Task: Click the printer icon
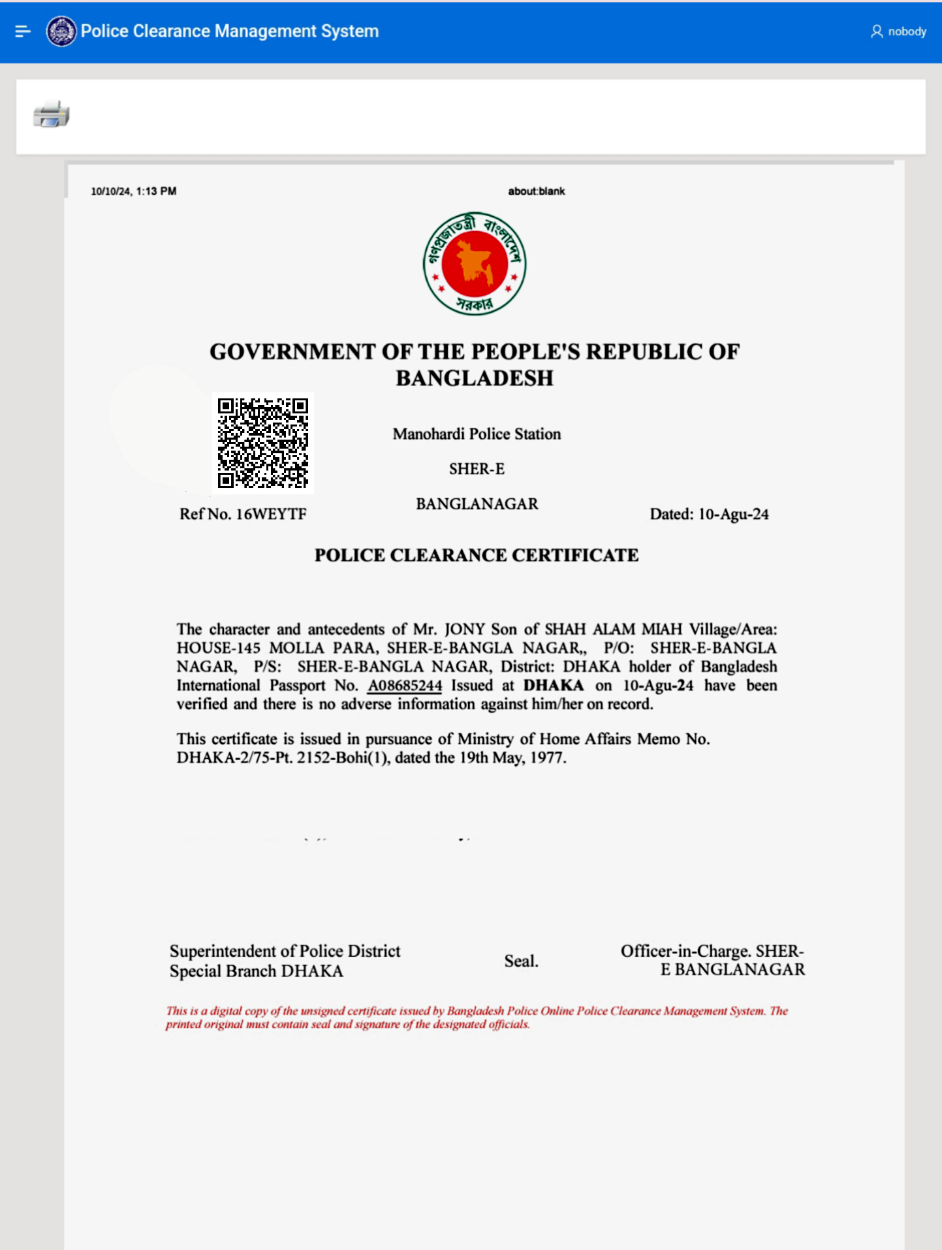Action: pyautogui.click(x=51, y=114)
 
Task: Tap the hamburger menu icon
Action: pyautogui.click(x=23, y=31)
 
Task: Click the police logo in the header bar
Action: pyautogui.click(x=61, y=31)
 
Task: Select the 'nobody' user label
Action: pyautogui.click(x=906, y=31)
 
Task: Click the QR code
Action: pyautogui.click(x=263, y=443)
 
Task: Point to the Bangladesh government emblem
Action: pyautogui.click(x=475, y=263)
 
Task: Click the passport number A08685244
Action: pyautogui.click(x=405, y=686)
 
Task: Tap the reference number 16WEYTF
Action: pyautogui.click(x=271, y=515)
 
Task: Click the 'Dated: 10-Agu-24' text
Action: pyautogui.click(x=709, y=515)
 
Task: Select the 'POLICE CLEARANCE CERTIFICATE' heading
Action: pyautogui.click(x=477, y=555)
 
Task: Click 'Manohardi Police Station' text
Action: pyautogui.click(x=477, y=434)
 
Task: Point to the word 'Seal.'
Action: pyautogui.click(x=521, y=961)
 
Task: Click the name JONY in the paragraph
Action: pyautogui.click(x=465, y=630)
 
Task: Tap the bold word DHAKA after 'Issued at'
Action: pyautogui.click(x=554, y=686)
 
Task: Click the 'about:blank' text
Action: pyautogui.click(x=537, y=191)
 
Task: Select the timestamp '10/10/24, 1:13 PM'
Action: pyautogui.click(x=134, y=191)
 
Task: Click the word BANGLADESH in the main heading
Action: pyautogui.click(x=475, y=378)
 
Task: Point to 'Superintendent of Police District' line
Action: pyautogui.click(x=285, y=951)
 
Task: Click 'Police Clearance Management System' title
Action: pyautogui.click(x=230, y=31)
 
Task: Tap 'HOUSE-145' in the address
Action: pyautogui.click(x=218, y=649)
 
